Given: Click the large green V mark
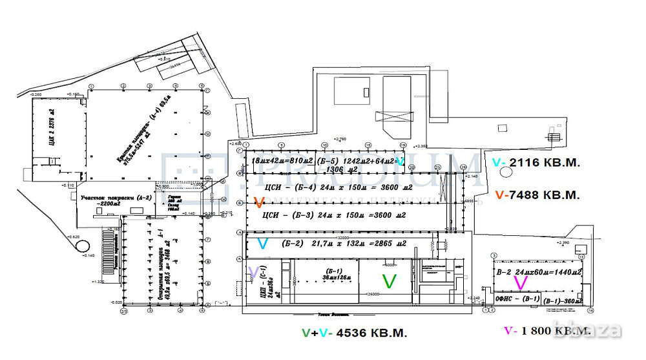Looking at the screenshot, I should (389, 281).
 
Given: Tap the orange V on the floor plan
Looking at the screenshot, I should (259, 202).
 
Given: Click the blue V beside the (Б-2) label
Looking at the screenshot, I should (262, 244).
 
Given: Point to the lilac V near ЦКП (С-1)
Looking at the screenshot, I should (254, 271).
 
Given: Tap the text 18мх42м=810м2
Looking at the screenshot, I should (282, 160).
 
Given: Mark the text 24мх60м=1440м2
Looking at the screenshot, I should (548, 273).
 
